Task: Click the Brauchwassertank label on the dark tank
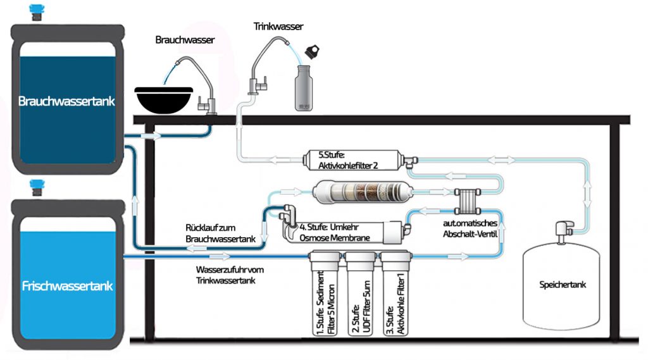(66, 101)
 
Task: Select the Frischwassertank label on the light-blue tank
(67, 286)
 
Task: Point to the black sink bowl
(162, 98)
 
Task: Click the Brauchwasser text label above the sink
(185, 40)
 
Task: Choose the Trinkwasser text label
(278, 27)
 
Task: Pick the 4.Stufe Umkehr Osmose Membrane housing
(339, 232)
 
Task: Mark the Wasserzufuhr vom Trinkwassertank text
(230, 275)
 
